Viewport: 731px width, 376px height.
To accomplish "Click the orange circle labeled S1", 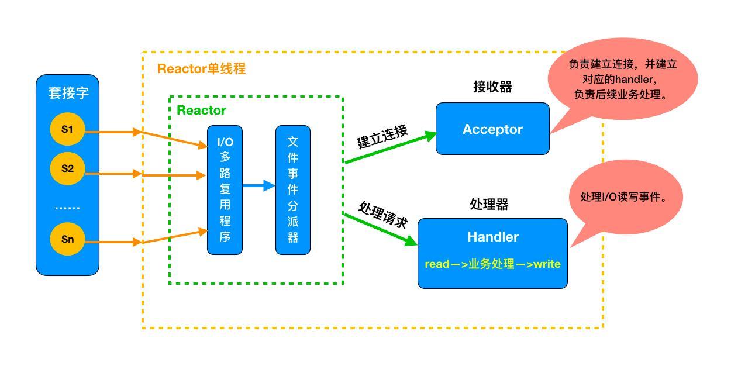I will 68,129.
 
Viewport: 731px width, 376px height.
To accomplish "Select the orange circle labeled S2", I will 68,168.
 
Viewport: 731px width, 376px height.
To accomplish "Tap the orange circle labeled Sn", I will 68,239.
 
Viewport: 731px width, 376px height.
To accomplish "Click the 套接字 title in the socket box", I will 68,93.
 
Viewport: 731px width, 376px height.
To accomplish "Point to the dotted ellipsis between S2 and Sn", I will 68,207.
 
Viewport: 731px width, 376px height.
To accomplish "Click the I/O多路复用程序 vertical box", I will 225,190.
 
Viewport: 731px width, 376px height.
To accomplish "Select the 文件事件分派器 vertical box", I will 293,190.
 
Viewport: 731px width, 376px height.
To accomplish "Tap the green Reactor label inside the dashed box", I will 201,110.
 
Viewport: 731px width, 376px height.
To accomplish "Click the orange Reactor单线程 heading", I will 201,68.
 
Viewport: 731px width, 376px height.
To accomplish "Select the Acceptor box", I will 492,129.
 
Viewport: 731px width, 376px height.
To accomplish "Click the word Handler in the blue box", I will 492,237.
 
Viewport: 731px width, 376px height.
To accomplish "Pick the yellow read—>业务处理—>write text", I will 492,264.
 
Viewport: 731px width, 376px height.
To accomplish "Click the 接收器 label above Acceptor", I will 492,87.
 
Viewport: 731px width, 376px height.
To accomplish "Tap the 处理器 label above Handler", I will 489,204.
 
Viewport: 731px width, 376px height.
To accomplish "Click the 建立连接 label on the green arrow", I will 382,137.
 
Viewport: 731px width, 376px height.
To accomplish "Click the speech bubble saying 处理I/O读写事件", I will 623,198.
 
